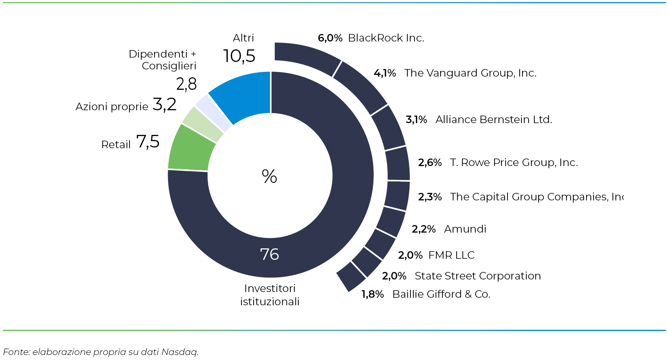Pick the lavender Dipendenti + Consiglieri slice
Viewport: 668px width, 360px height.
214,111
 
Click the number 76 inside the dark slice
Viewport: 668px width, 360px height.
269,254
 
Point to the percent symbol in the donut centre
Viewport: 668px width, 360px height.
269,176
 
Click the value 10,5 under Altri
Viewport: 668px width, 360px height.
239,56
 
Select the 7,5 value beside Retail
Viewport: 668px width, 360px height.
148,142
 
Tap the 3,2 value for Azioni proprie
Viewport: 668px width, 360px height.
164,104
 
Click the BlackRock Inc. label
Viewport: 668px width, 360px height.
386,38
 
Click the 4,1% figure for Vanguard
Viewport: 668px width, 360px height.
385,73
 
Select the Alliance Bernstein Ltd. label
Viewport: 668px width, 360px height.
493,120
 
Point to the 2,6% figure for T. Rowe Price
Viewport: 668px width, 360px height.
430,162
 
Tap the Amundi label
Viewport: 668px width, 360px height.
465,229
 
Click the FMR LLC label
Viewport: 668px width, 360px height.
451,255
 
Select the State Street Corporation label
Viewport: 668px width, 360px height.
477,276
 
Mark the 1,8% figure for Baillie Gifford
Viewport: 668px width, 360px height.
373,294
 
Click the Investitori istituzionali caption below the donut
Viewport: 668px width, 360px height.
270,295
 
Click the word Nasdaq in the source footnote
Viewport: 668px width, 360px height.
180,352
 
